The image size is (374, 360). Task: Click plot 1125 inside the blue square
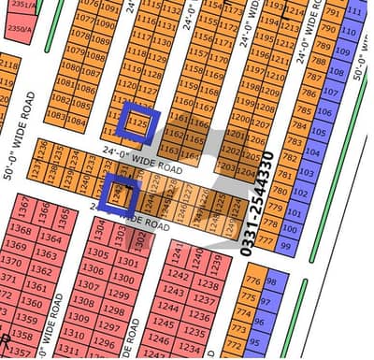pos(138,122)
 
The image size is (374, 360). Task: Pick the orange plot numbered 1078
pos(81,35)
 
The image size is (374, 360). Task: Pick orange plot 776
pos(253,281)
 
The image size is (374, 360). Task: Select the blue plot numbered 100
pos(293,228)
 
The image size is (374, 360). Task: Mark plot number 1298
pos(116,310)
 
